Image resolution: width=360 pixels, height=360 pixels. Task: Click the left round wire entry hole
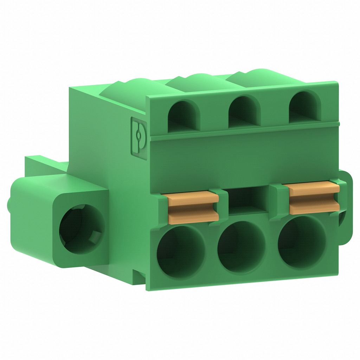(x=180, y=251)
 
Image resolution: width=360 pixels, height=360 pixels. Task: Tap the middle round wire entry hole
(x=241, y=246)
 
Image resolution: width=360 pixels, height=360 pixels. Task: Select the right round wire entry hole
(x=302, y=242)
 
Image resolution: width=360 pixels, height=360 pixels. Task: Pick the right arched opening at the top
(x=304, y=108)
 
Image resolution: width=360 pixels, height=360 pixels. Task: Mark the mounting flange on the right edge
(x=345, y=207)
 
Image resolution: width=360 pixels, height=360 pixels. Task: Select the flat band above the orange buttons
(x=243, y=162)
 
